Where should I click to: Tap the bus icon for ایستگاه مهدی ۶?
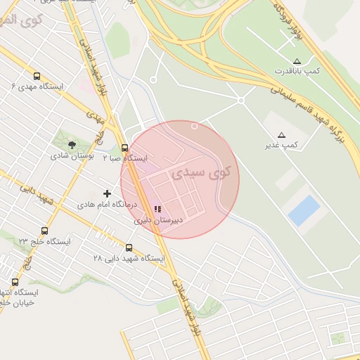coord(37,76)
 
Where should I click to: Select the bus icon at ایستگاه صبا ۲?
coord(124,148)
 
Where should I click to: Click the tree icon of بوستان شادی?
coord(72,144)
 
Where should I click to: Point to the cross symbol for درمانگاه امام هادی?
coord(108,193)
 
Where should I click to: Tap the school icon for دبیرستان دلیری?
coord(157,209)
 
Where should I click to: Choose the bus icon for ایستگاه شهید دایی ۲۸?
coord(129,247)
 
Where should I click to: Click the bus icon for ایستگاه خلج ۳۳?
coord(45,231)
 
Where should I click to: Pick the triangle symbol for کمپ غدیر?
coord(281,134)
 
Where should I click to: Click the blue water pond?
coord(304,210)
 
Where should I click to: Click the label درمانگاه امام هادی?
coord(105,205)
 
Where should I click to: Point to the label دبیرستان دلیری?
coord(158,220)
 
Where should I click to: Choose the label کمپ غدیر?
coord(281,145)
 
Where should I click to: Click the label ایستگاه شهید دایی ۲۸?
coord(129,258)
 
